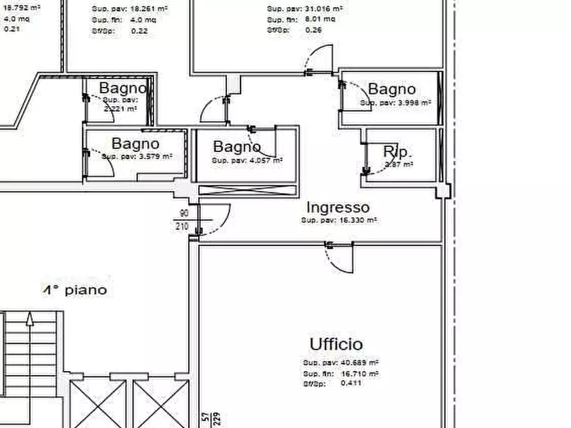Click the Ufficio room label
(x=336, y=344)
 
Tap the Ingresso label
(x=338, y=208)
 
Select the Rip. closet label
(x=397, y=152)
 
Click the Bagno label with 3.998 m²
(x=391, y=89)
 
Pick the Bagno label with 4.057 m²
(x=237, y=147)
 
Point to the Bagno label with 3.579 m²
(x=135, y=144)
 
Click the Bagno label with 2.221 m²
(x=123, y=88)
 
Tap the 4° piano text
(x=75, y=290)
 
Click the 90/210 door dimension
(x=184, y=220)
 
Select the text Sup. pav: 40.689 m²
(x=340, y=363)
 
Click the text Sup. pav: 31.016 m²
(x=304, y=9)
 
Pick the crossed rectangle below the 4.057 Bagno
(x=247, y=190)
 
